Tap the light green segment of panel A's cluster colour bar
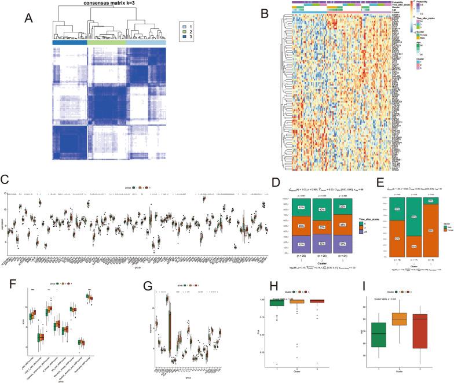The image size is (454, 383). tap(106, 43)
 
